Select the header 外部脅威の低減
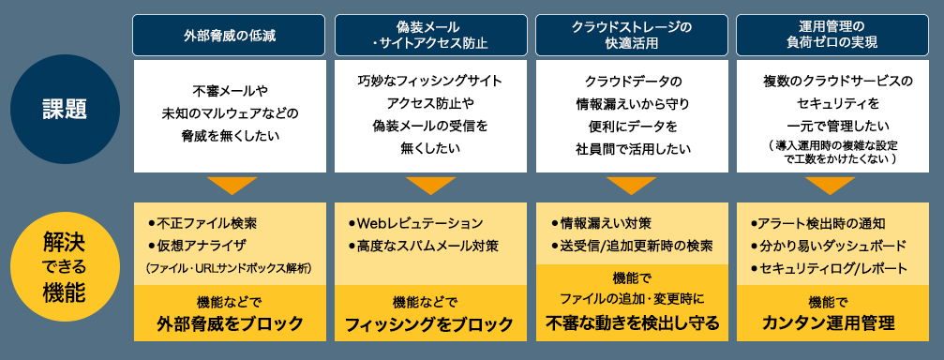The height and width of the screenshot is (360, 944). (x=230, y=35)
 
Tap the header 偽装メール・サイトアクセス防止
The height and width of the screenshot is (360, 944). (x=430, y=35)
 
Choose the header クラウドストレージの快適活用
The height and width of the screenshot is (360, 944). (x=631, y=35)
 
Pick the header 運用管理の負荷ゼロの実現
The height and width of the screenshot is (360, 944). (x=832, y=35)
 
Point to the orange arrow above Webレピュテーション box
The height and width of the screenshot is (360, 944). (x=430, y=185)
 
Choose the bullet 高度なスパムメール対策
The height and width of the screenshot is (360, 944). (x=423, y=247)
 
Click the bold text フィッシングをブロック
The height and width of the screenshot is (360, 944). (x=430, y=324)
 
